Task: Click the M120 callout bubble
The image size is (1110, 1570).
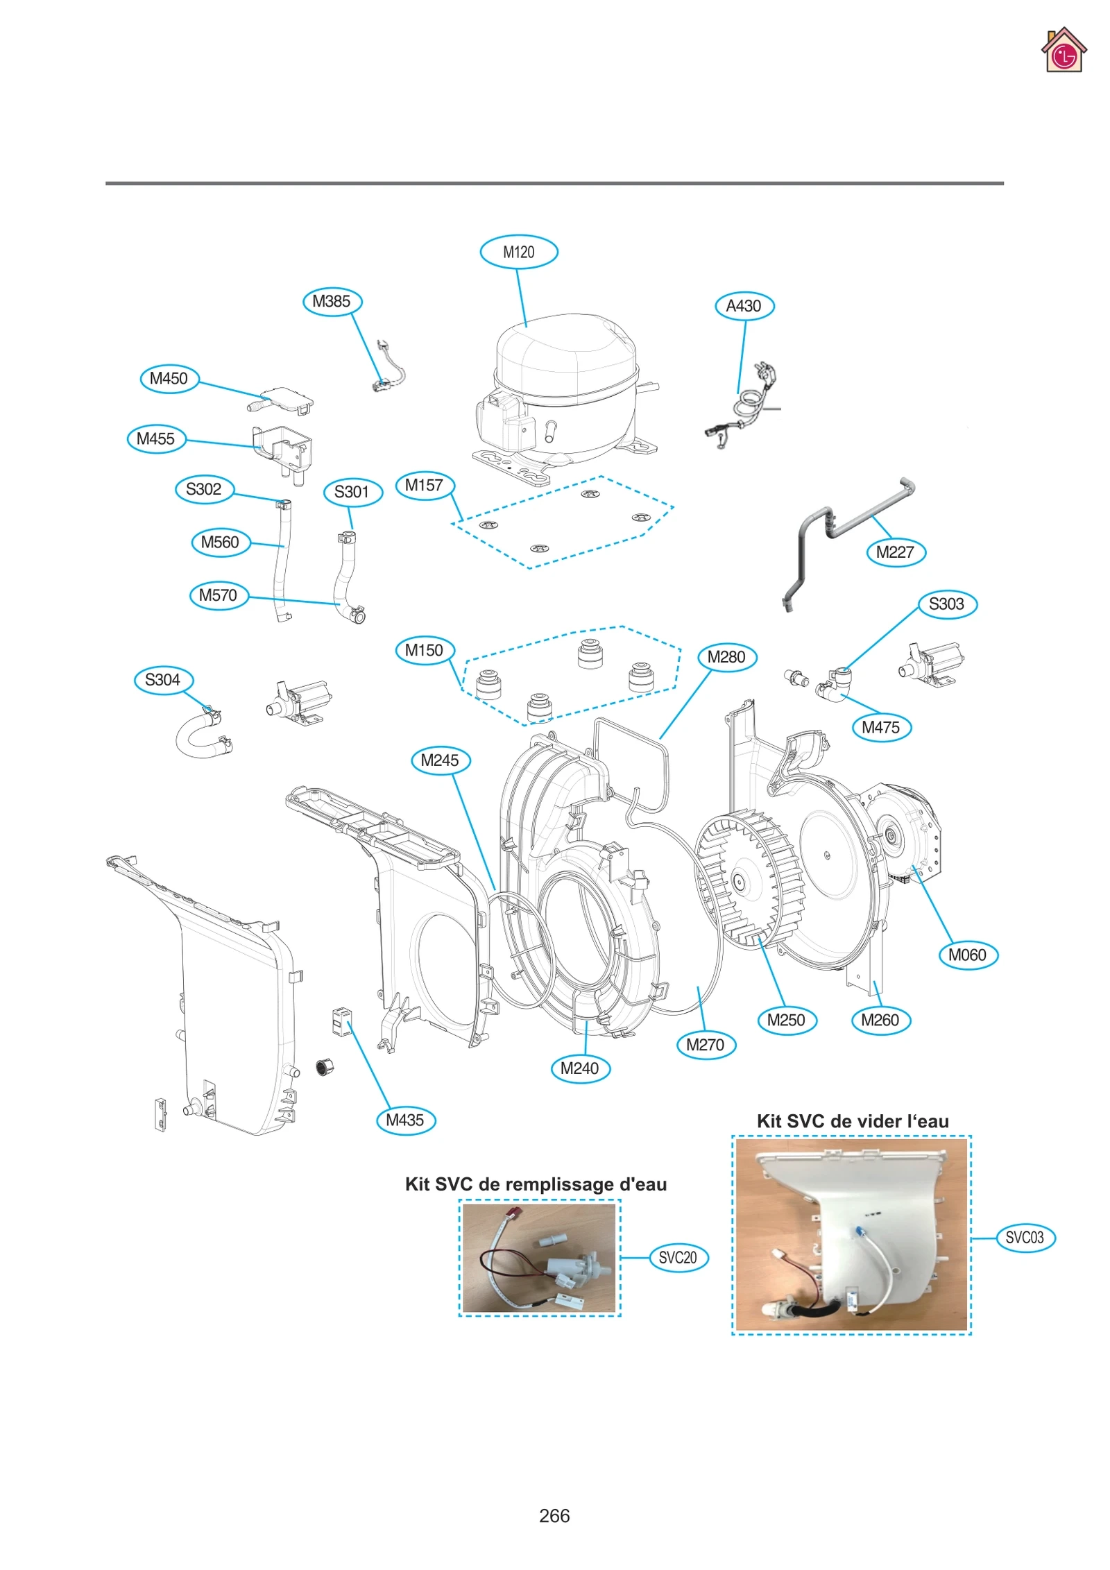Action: [518, 252]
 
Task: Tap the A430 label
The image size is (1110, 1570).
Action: [744, 306]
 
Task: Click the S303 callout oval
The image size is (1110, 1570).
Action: [946, 604]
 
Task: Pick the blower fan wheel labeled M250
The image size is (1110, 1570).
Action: [749, 881]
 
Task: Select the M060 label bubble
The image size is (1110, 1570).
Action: [967, 955]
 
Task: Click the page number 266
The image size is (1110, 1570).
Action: [554, 1516]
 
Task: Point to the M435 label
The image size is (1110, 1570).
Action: [405, 1120]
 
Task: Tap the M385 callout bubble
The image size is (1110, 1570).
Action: [332, 302]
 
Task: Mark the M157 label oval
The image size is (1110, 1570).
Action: [424, 486]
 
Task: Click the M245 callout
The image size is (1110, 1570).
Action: [440, 760]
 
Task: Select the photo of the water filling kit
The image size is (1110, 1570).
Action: [539, 1258]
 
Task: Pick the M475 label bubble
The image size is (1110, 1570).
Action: [880, 728]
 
